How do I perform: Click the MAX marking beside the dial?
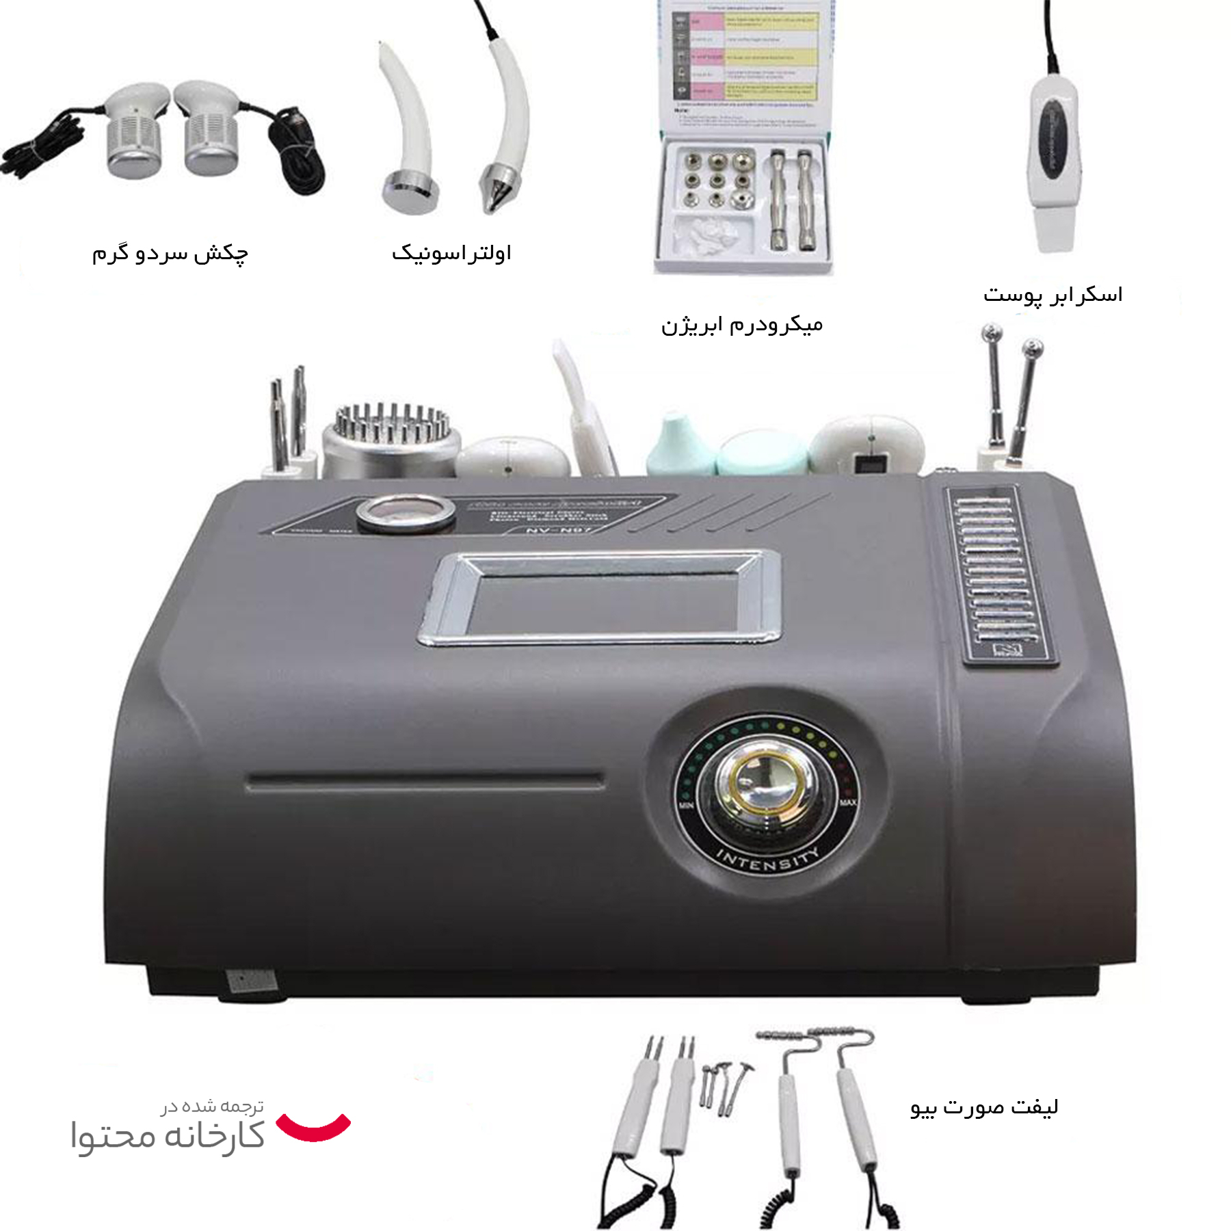point(847,802)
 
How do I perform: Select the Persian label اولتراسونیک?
point(451,253)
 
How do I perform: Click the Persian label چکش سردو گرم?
point(170,253)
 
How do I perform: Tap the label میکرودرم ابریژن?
point(741,324)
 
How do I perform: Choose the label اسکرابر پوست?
point(1053,295)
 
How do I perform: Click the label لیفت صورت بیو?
point(984,1107)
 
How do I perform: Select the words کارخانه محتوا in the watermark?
point(168,1136)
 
